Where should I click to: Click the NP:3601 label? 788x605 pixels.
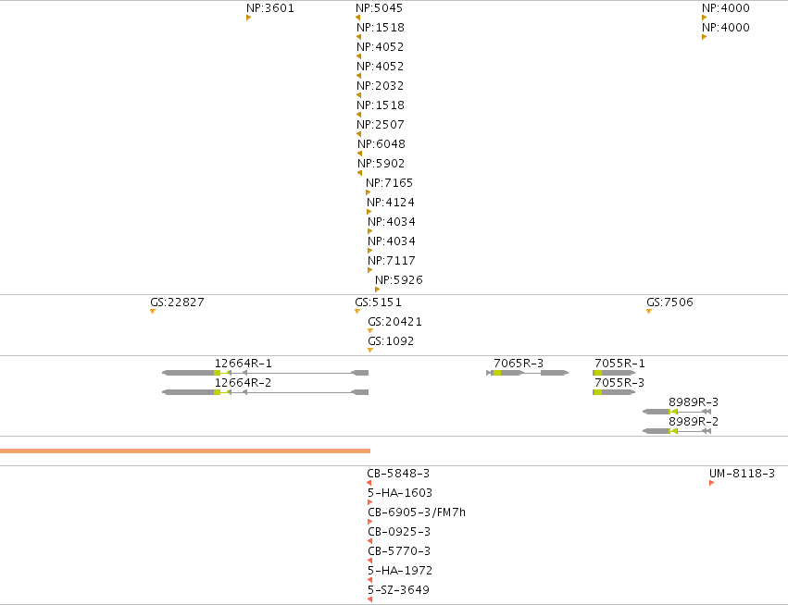point(269,8)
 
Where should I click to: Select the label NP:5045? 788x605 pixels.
point(379,8)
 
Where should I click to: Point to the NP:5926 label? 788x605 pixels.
point(399,279)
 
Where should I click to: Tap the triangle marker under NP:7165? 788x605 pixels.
point(368,192)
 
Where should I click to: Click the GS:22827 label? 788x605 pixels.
point(177,302)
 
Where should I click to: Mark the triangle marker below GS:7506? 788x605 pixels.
point(649,311)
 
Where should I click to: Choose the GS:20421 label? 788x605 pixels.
point(394,322)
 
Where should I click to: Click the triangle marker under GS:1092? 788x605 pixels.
point(370,350)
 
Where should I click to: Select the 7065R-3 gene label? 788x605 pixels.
point(519,363)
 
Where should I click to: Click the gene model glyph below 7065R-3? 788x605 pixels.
point(528,373)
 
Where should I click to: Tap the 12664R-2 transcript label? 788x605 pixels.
point(243,383)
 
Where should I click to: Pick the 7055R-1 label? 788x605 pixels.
point(619,363)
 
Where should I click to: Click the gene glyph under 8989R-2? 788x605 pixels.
point(677,431)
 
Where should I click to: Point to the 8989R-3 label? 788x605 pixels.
point(694,402)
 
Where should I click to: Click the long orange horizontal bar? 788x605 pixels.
point(185,451)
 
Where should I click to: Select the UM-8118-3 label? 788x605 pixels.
point(742,474)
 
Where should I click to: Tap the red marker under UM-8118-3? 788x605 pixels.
point(712,483)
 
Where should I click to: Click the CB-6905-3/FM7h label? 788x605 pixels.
point(417,512)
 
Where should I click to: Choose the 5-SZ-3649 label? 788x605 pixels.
point(398,590)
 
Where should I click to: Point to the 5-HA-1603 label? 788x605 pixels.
point(400,493)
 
